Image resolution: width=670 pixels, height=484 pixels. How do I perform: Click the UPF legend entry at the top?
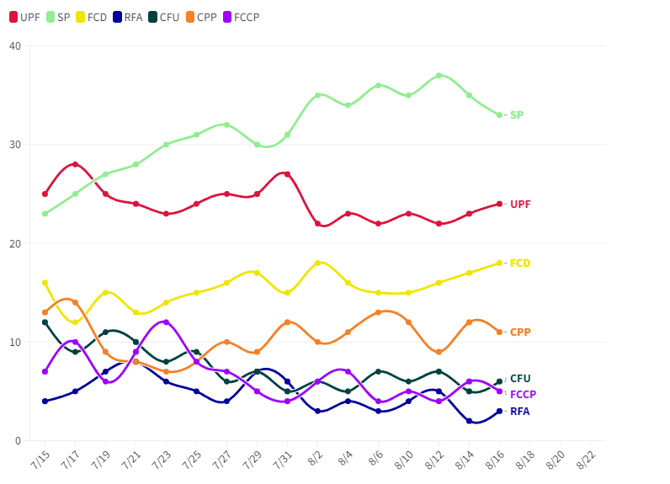24,17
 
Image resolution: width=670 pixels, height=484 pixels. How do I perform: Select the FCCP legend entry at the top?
241,17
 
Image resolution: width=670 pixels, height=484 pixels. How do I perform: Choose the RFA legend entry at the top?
127,17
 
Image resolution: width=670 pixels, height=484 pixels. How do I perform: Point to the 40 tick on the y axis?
14,45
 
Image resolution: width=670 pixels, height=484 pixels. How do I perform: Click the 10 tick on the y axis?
14,343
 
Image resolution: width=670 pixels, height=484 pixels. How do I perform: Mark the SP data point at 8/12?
439,75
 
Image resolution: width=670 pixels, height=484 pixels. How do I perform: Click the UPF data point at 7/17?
75,164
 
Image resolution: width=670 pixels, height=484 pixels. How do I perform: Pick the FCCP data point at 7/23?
166,322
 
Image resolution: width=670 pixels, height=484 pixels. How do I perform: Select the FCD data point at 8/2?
317,263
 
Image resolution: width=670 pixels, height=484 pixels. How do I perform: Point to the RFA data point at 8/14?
469,421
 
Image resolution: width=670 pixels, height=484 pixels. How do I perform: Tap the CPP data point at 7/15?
45,312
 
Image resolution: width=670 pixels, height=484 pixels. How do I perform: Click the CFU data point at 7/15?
45,322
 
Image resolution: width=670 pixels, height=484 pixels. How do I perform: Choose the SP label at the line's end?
517,115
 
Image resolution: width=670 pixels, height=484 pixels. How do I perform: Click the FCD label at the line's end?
520,263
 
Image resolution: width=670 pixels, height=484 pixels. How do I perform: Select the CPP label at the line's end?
520,332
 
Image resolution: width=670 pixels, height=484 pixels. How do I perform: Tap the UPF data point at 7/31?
287,174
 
